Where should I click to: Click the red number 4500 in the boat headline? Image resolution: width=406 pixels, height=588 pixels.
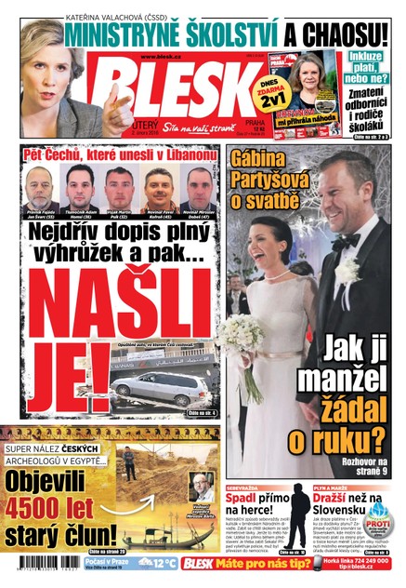point(49,511)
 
